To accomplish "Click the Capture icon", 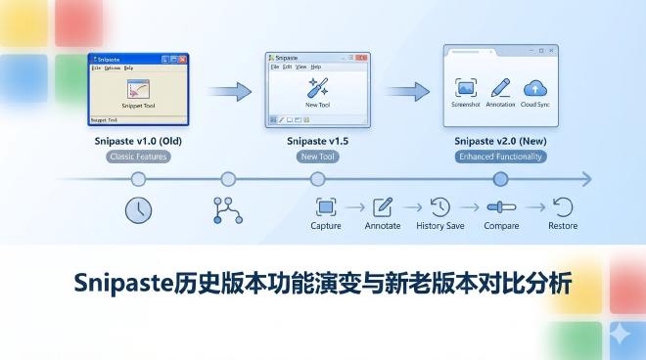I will click(326, 206).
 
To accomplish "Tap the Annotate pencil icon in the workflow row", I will click(383, 206).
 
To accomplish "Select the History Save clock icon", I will click(440, 206).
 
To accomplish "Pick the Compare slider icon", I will click(501, 206).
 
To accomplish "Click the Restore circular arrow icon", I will click(563, 206).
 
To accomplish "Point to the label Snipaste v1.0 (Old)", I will click(138, 141).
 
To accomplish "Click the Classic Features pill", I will click(138, 157).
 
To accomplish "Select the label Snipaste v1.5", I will click(317, 141).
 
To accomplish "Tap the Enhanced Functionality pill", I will click(499, 157).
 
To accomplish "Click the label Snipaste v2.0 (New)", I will click(499, 141).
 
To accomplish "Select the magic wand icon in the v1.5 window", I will click(317, 86).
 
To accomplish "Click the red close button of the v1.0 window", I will click(183, 59).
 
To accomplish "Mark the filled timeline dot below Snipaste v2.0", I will click(500, 179).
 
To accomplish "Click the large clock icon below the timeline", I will click(138, 208).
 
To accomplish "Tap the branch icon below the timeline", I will click(227, 208).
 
